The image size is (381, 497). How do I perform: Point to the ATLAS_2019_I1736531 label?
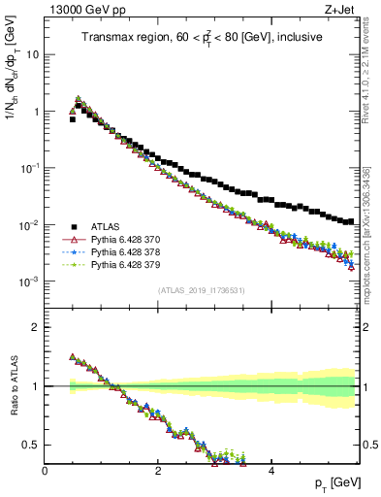pyautogui.click(x=201, y=290)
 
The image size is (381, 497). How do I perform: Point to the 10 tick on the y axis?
pyautogui.click(x=32, y=54)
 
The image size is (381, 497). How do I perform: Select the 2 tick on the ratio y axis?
pyautogui.click(x=36, y=327)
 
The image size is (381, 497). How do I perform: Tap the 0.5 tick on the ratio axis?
pyautogui.click(x=31, y=445)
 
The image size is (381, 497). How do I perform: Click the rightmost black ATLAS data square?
pyautogui.click(x=350, y=221)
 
